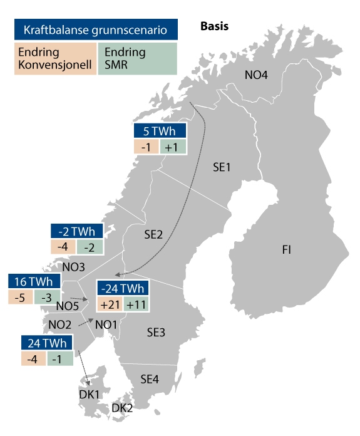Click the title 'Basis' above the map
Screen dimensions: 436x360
coord(214,26)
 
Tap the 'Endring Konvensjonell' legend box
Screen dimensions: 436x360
coord(56,58)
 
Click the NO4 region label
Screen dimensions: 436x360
coord(256,76)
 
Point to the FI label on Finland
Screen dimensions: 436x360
coord(286,250)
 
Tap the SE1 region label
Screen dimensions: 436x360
coord(222,167)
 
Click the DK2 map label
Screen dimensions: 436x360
coord(122,408)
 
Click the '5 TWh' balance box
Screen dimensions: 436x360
coord(160,132)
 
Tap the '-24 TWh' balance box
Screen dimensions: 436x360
coord(123,289)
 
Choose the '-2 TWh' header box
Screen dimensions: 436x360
coord(77,231)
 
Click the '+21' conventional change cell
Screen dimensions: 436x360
coord(109,304)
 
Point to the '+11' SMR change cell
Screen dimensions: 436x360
coord(136,304)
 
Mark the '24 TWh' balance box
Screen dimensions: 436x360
coord(47,343)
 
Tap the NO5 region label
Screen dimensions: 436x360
coord(67,306)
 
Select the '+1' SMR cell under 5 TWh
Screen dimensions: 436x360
coord(172,147)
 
